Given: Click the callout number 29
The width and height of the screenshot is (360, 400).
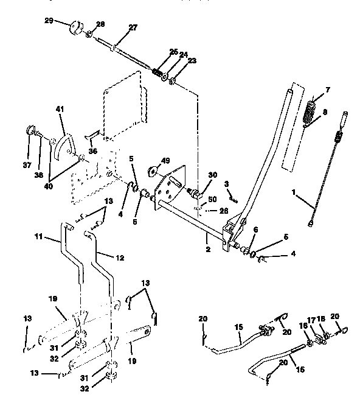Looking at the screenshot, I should coord(49,21).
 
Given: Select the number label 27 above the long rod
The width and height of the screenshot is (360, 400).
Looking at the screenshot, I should coord(133,27).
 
